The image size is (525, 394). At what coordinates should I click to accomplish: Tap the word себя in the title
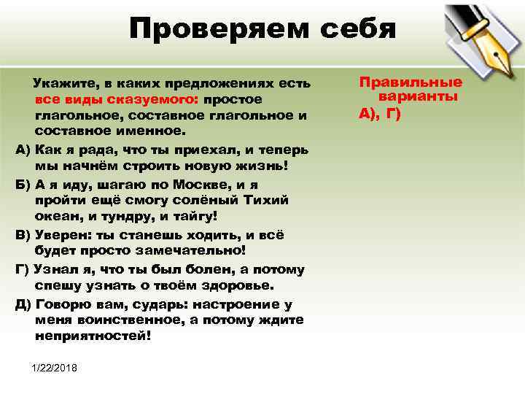(x=354, y=30)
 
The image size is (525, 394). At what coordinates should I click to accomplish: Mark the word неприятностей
(x=92, y=336)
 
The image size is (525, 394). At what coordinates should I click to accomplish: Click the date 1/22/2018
(x=59, y=366)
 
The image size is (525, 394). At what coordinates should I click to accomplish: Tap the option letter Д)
(x=23, y=303)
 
